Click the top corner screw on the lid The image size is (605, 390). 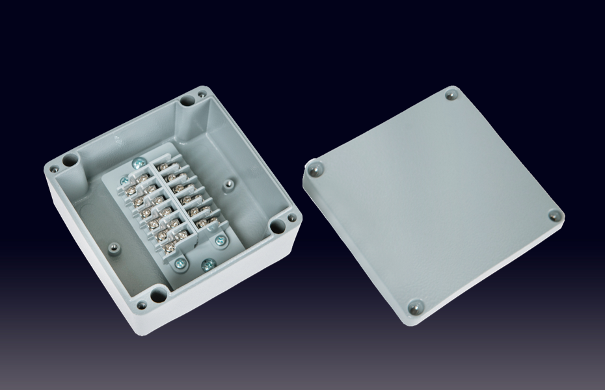tap(451, 96)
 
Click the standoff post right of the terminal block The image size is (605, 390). tap(228, 185)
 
